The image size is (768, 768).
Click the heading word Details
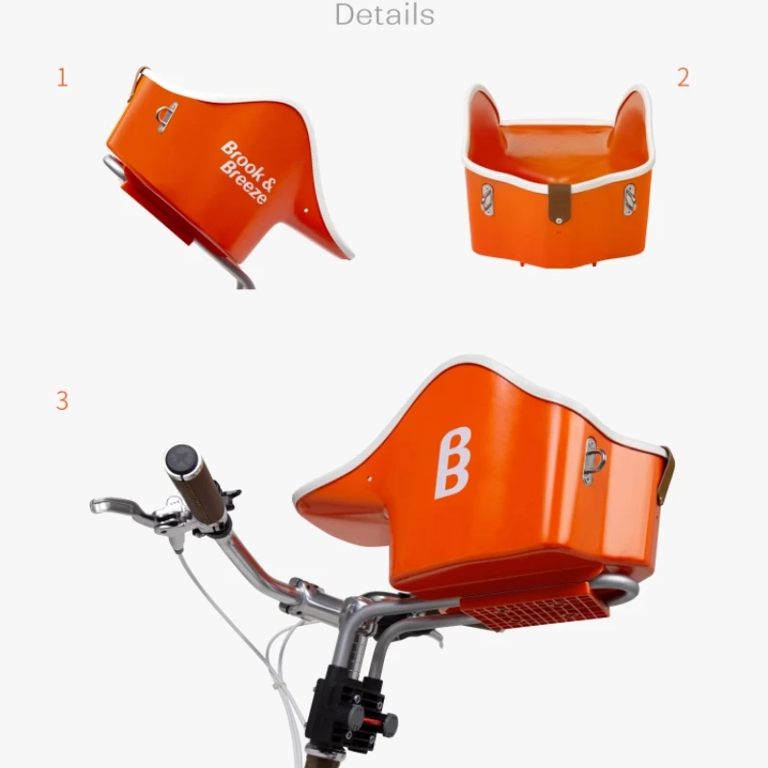pos(384,14)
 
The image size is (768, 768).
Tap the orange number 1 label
pos(62,78)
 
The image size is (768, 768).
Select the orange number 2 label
pos(683,78)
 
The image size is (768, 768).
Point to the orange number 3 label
pos(62,400)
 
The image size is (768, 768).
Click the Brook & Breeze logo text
pos(245,171)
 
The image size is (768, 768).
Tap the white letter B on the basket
pos(453,462)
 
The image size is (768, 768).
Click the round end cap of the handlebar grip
pos(181,460)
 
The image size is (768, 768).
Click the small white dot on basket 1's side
pos(304,206)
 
